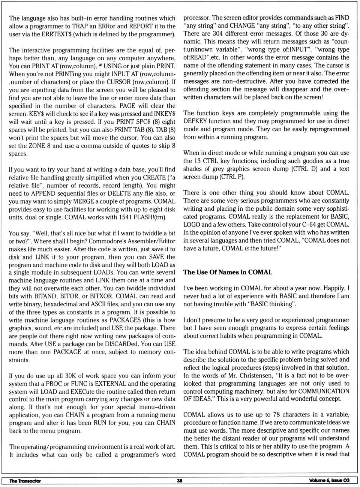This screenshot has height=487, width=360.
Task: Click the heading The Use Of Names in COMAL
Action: click(x=228, y=272)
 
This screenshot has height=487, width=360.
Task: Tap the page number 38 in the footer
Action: click(x=180, y=481)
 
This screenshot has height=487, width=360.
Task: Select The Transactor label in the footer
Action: click(x=25, y=481)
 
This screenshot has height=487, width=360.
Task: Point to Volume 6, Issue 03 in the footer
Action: click(x=329, y=481)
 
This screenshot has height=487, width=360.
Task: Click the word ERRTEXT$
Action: click(x=57, y=34)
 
